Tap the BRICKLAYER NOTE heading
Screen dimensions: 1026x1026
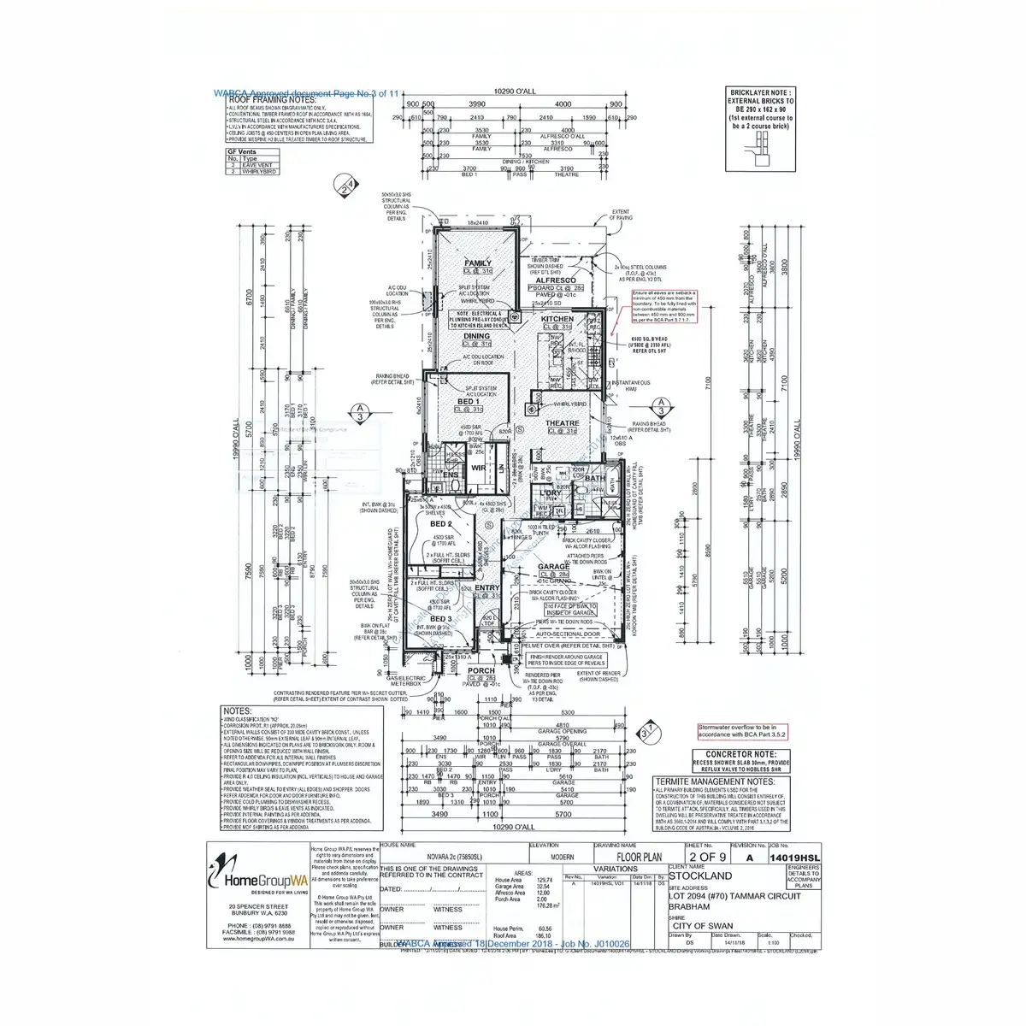(760, 92)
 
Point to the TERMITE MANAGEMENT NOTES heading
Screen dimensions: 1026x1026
(715, 781)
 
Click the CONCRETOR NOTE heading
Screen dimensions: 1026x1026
(741, 755)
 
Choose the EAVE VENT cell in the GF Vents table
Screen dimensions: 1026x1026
(257, 165)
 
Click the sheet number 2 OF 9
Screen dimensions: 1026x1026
(707, 857)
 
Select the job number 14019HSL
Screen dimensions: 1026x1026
(794, 858)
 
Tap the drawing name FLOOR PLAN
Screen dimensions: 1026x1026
(640, 857)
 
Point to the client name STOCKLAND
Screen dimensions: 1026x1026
(700, 876)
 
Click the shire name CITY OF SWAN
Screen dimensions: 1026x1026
(703, 926)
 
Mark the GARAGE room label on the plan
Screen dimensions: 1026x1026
(554, 567)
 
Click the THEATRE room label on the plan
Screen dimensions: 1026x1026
(562, 423)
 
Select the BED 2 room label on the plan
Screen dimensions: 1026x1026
(441, 524)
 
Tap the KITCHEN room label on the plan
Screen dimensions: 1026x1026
(557, 319)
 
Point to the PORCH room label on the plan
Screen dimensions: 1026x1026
(481, 671)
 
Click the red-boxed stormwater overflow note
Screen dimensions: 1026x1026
(741, 731)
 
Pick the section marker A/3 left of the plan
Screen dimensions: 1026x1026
(360, 411)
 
